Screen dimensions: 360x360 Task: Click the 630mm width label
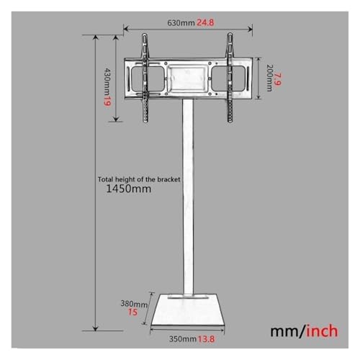pyautogui.click(x=181, y=23)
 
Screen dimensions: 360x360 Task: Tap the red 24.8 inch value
pyautogui.click(x=205, y=23)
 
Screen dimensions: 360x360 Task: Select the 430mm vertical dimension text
pyautogui.click(x=108, y=81)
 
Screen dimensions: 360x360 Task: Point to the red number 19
pyautogui.click(x=107, y=100)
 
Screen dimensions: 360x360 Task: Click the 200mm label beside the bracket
pyautogui.click(x=270, y=78)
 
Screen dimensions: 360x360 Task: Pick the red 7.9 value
pyautogui.click(x=278, y=79)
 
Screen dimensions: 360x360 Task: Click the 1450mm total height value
pyautogui.click(x=129, y=189)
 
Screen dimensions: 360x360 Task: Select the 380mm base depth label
pyautogui.click(x=134, y=304)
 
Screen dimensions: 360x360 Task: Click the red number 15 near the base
pyautogui.click(x=132, y=312)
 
